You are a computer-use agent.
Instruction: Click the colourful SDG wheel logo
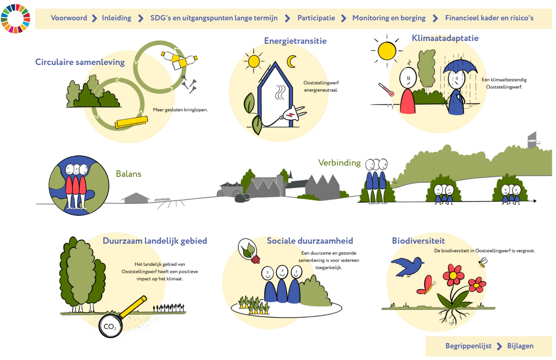[x=15, y=18]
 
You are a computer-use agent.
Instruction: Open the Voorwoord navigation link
[x=69, y=18]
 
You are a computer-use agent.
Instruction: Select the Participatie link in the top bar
[x=316, y=18]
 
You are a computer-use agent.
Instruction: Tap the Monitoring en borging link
[x=389, y=18]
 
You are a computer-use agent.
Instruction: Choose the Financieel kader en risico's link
[x=489, y=18]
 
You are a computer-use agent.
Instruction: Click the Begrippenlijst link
[x=468, y=346]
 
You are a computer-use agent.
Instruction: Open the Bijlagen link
[x=520, y=346]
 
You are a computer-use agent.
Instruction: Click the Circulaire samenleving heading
[x=80, y=62]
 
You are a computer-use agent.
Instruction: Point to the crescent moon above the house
[x=291, y=61]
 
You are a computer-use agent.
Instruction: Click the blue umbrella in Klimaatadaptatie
[x=460, y=66]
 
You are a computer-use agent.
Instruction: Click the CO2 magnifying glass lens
[x=110, y=326]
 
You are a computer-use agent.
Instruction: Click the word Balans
[x=129, y=174]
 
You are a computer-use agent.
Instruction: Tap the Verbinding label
[x=340, y=163]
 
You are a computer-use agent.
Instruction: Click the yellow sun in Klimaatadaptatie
[x=387, y=51]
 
